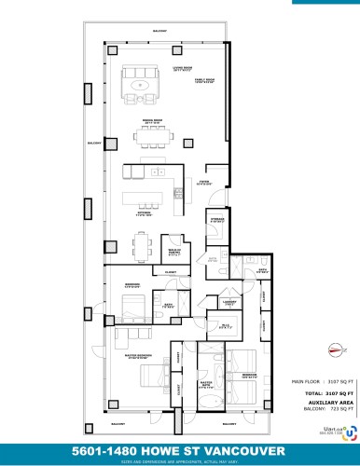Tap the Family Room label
(203, 81)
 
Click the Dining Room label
(149, 122)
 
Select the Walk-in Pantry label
(173, 252)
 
